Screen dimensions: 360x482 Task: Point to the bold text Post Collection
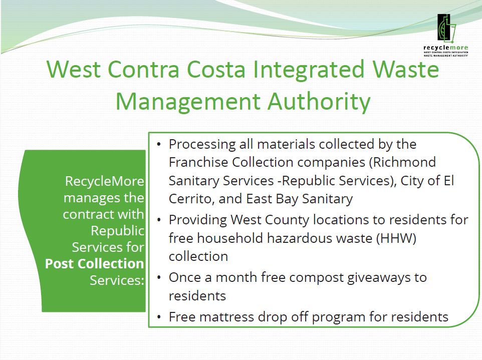click(x=94, y=263)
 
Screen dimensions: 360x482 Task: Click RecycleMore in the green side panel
click(x=105, y=181)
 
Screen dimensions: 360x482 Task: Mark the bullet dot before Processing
click(x=159, y=145)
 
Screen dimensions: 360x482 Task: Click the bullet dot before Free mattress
click(x=159, y=317)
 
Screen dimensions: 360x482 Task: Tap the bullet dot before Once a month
click(x=159, y=277)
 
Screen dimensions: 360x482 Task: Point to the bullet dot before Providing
click(x=159, y=220)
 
